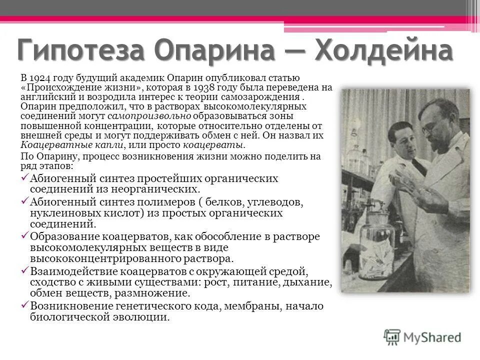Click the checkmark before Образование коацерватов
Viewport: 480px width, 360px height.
(24, 236)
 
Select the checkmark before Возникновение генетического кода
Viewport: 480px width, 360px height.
(24, 305)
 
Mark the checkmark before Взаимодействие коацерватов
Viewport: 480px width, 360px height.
(24, 270)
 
